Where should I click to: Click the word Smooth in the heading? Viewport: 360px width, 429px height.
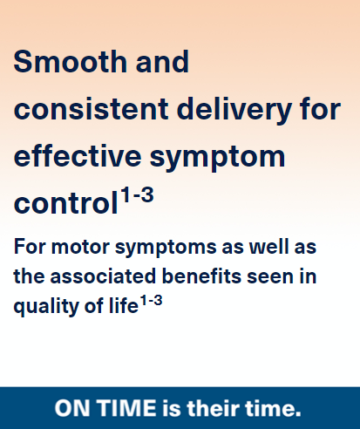pos(70,61)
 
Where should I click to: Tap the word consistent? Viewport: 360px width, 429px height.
pos(91,109)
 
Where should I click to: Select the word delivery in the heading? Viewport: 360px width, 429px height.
pos(234,112)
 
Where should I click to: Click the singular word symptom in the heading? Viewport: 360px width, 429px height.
pos(217,159)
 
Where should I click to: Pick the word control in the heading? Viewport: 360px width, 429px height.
pos(65,203)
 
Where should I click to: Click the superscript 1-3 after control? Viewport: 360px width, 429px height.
pos(137,194)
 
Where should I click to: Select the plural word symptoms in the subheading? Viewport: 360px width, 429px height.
pos(166,249)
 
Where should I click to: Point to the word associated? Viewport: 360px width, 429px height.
pos(103,276)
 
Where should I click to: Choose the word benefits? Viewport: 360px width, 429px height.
pos(201,276)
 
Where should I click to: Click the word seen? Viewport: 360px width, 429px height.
pos(270,277)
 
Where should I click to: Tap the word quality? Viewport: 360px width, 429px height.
pos(46,307)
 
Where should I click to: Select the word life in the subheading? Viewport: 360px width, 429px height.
pos(124,305)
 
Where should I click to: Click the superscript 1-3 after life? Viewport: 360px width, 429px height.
pos(151,301)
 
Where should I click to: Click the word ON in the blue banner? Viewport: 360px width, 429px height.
pos(72,408)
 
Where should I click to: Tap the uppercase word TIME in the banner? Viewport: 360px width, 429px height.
pos(126,408)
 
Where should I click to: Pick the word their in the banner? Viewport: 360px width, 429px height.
pos(213,408)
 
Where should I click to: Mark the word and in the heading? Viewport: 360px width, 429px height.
pos(162,61)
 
